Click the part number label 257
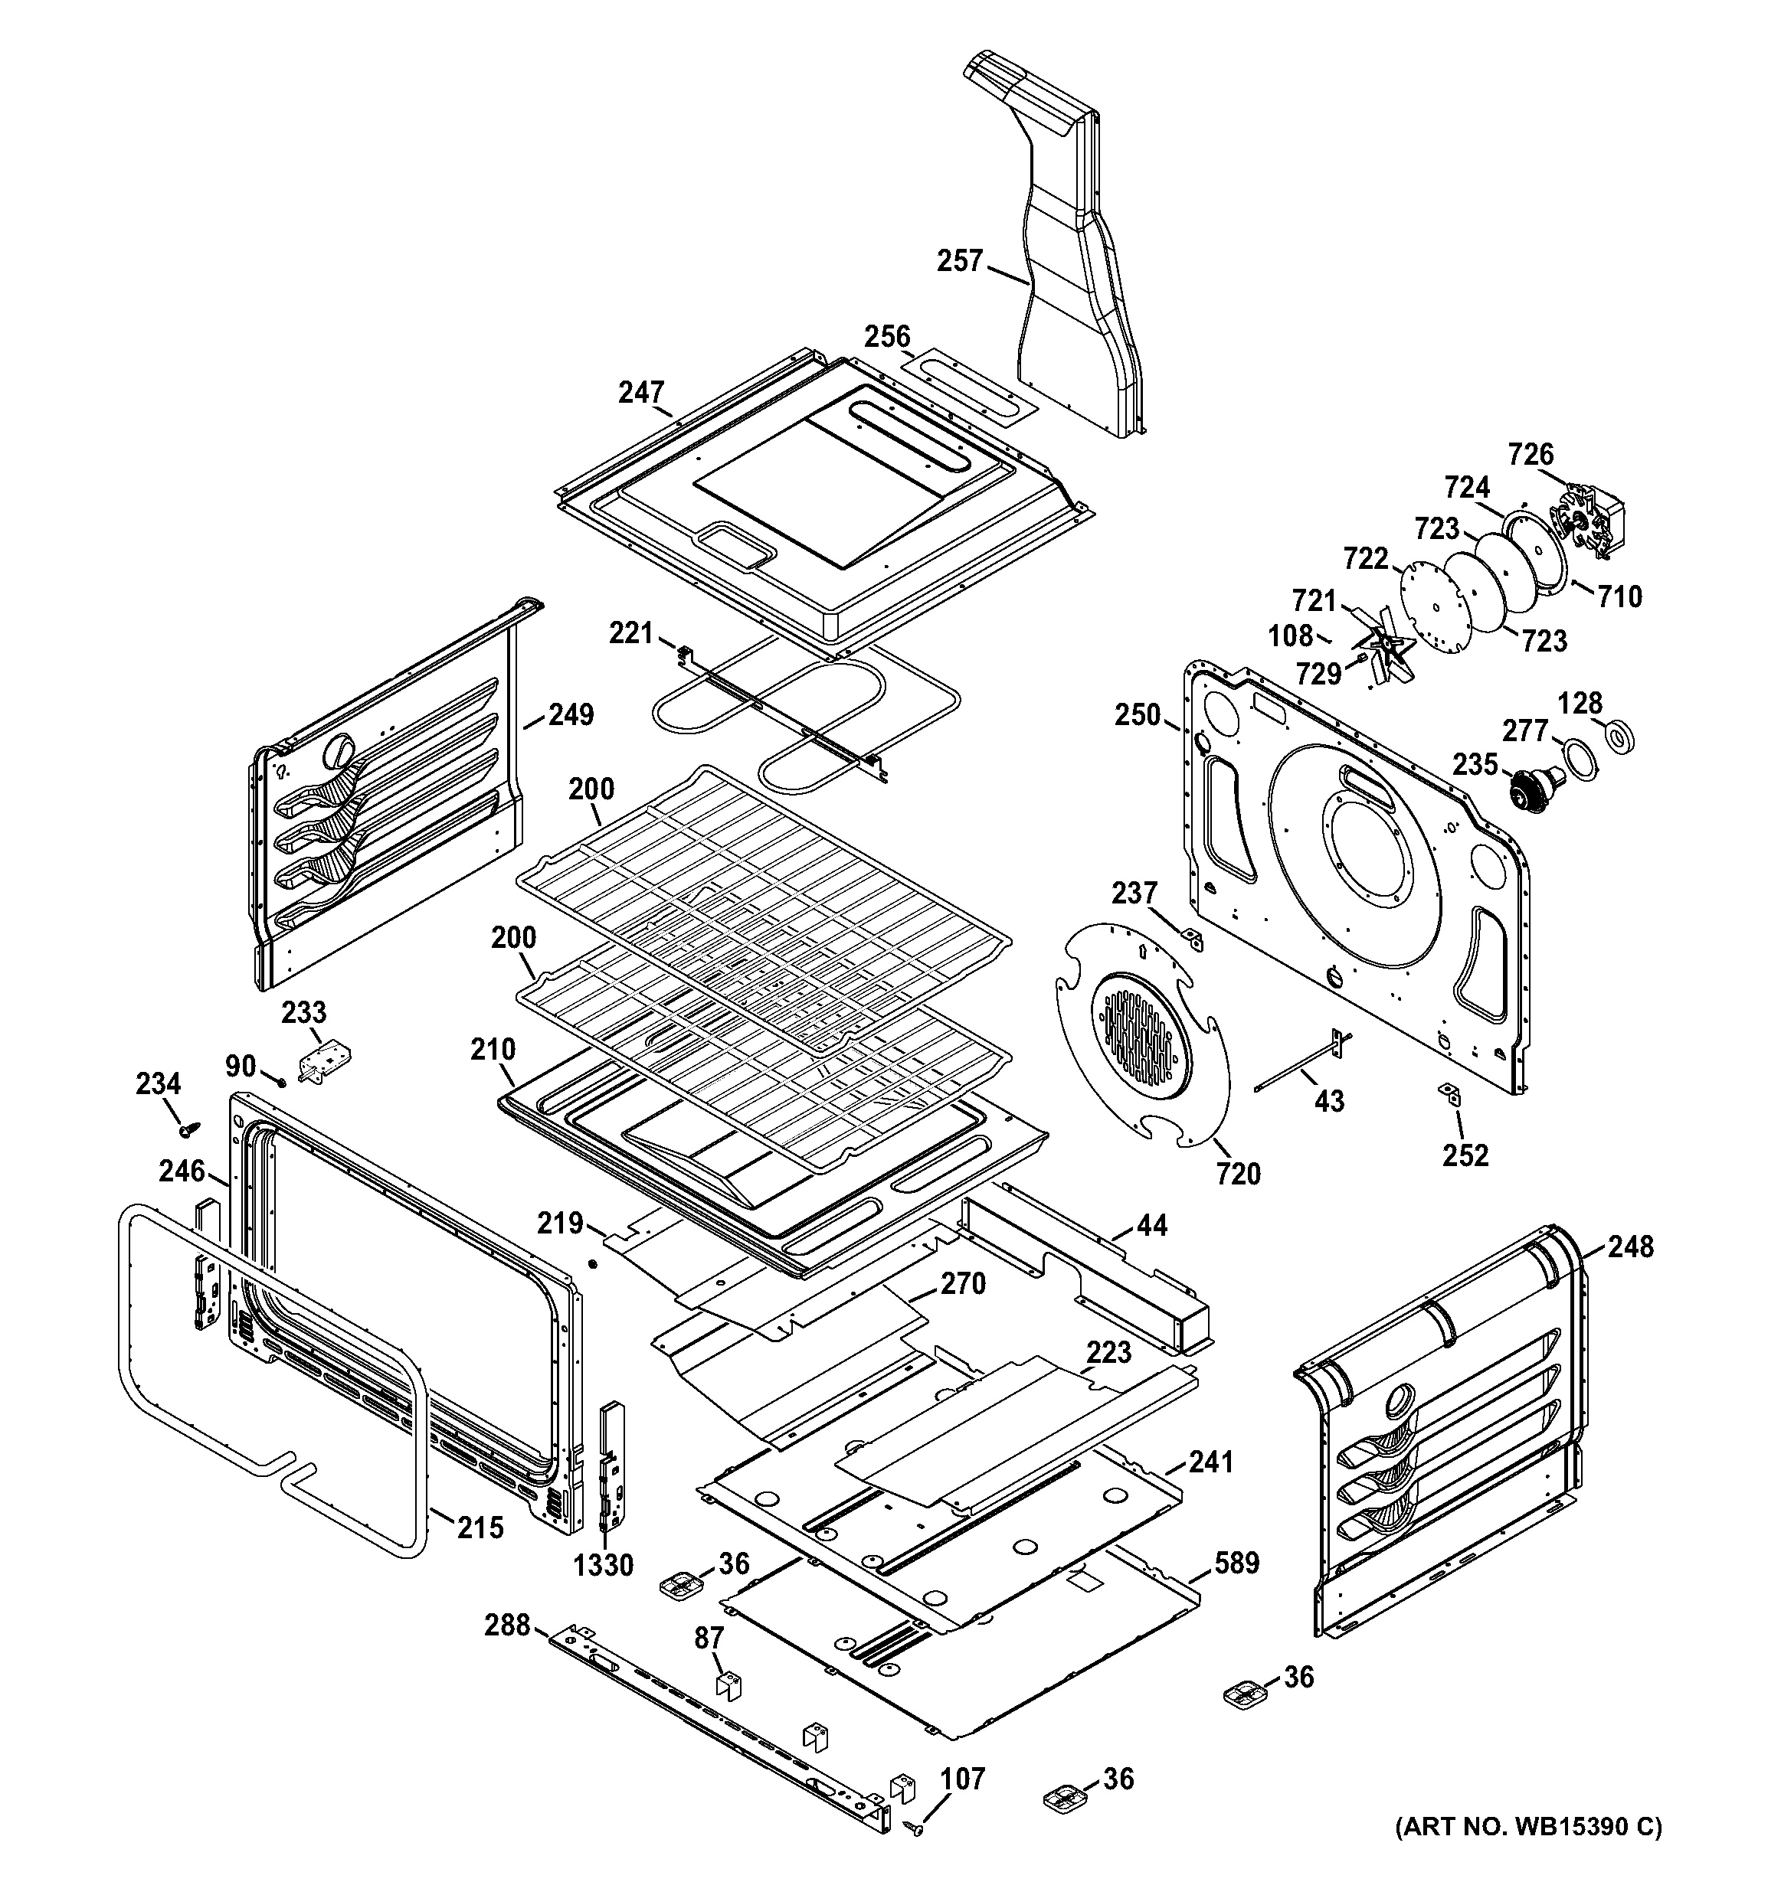click(x=959, y=260)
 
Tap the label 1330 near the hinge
click(x=604, y=1564)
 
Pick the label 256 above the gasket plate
click(x=887, y=336)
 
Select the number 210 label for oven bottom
click(x=492, y=1050)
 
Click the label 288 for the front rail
click(x=506, y=1623)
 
